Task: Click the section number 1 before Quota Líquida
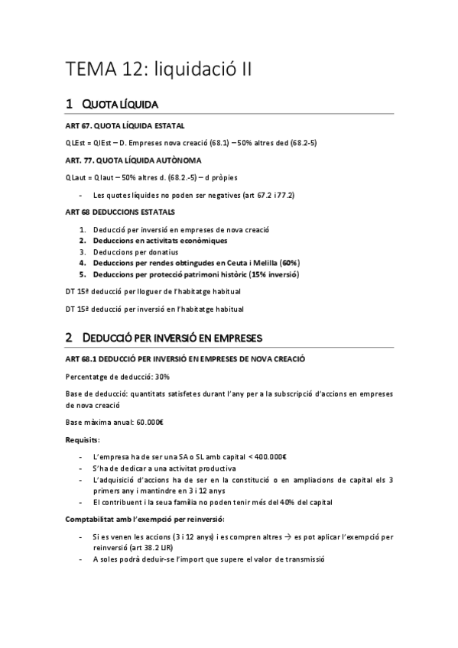coord(70,104)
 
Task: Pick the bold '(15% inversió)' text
coord(271,274)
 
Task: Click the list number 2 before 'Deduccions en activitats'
coord(83,241)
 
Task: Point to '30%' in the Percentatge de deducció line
coord(162,377)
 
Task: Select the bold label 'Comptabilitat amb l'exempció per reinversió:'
coord(141,520)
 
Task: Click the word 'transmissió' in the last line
coord(303,559)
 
